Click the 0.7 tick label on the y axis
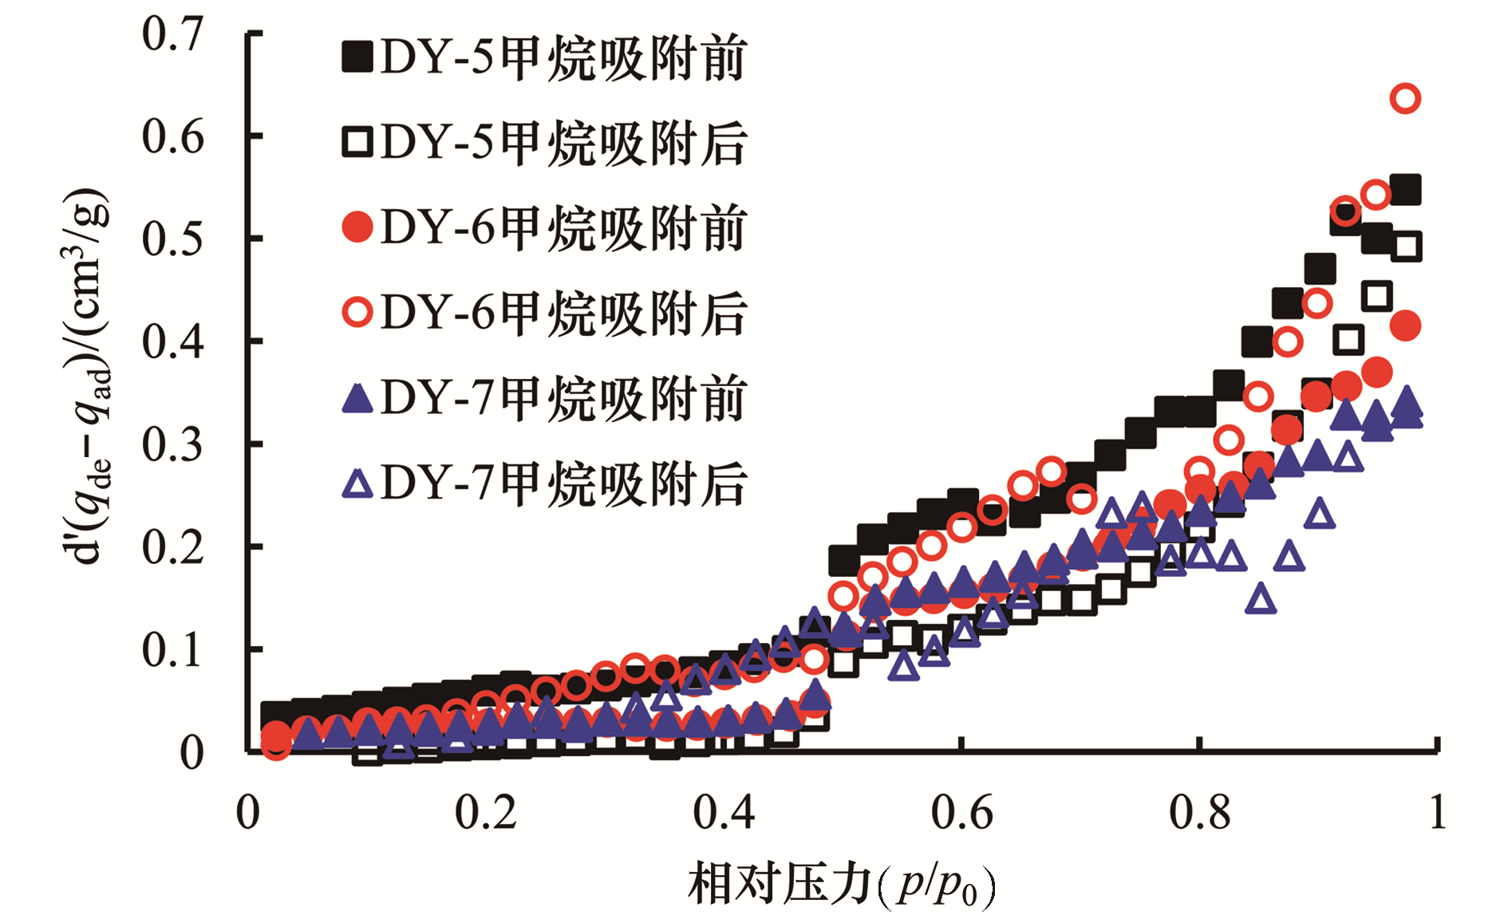[172, 35]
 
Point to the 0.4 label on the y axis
[172, 342]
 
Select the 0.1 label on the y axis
[172, 650]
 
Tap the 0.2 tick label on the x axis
[485, 813]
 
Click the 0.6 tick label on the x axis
[961, 813]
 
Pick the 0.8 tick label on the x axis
[1199, 813]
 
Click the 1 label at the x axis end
[1437, 813]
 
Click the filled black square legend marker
[357, 57]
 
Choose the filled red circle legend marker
[357, 227]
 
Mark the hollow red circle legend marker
[357, 312]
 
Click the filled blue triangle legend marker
[357, 397]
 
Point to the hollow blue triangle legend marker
[357, 483]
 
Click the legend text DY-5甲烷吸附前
[563, 57]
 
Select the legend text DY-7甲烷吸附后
[563, 483]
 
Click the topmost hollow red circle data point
[1405, 99]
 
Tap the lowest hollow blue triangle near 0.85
[1261, 598]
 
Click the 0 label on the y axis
[191, 753]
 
